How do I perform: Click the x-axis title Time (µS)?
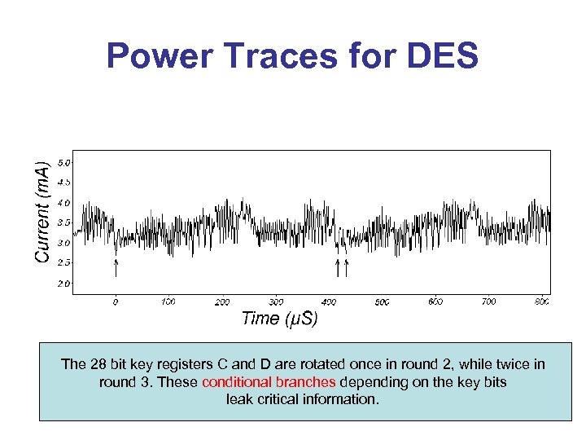pyautogui.click(x=279, y=319)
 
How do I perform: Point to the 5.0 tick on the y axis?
pyautogui.click(x=63, y=163)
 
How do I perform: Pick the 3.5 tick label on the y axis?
pyautogui.click(x=63, y=222)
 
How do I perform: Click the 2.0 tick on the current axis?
pyautogui.click(x=63, y=284)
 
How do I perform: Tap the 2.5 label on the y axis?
pyautogui.click(x=63, y=262)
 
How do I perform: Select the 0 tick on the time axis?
pyautogui.click(x=116, y=301)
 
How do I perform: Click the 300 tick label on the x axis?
pyautogui.click(x=276, y=301)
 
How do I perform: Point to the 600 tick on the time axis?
pyautogui.click(x=435, y=301)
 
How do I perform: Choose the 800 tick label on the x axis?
pyautogui.click(x=542, y=301)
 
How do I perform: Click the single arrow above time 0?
pyautogui.click(x=116, y=267)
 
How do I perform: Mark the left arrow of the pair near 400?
pyautogui.click(x=338, y=267)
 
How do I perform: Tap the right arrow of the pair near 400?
pyautogui.click(x=347, y=267)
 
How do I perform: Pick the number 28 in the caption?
pyautogui.click(x=97, y=364)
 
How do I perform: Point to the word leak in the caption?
pyautogui.click(x=240, y=400)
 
